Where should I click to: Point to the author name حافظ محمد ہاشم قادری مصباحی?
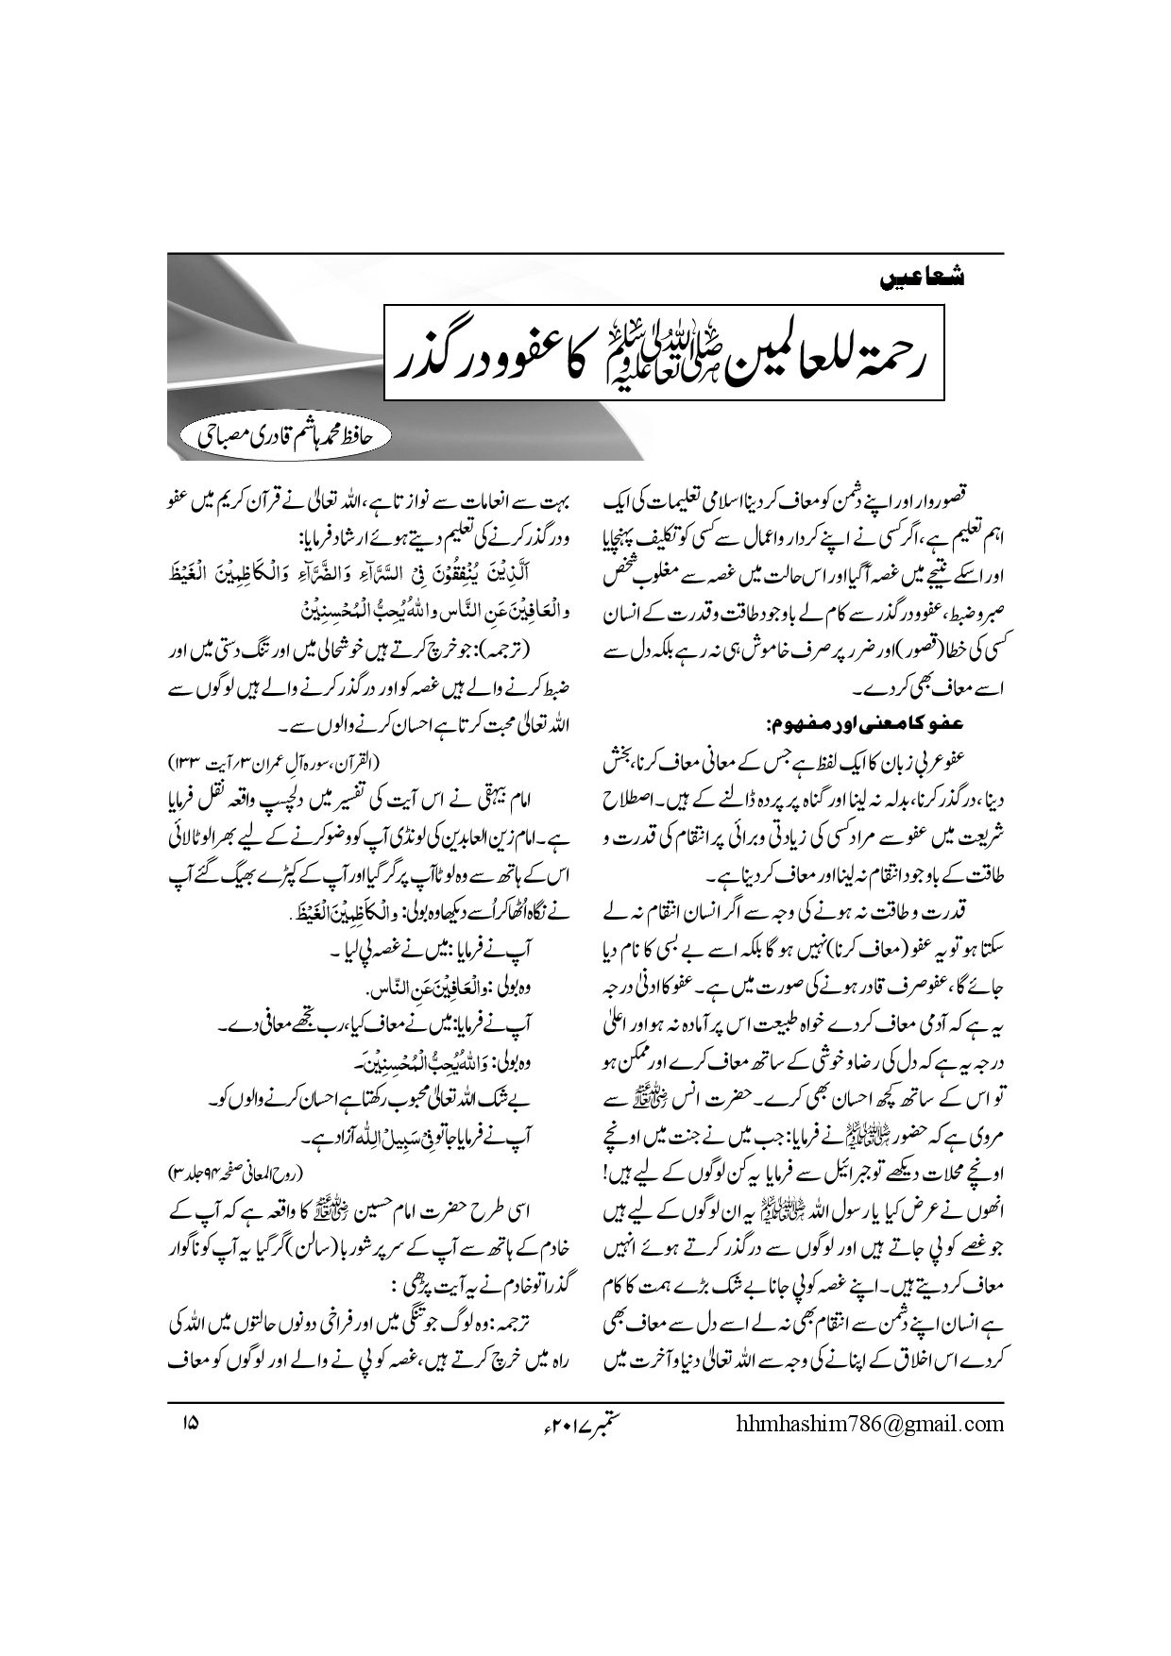282,436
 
